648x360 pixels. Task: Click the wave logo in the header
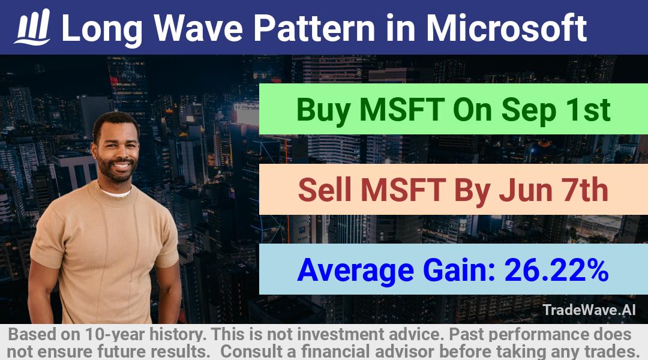tap(32, 27)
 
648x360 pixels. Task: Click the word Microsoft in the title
tap(506, 28)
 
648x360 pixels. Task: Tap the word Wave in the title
tap(199, 28)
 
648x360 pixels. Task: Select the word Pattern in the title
tap(314, 28)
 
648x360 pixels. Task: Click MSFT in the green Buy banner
tap(401, 110)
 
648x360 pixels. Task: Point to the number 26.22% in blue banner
tap(556, 270)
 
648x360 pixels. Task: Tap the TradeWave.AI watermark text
tap(589, 310)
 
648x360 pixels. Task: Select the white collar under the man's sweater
tap(116, 193)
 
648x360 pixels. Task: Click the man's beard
tap(116, 171)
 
